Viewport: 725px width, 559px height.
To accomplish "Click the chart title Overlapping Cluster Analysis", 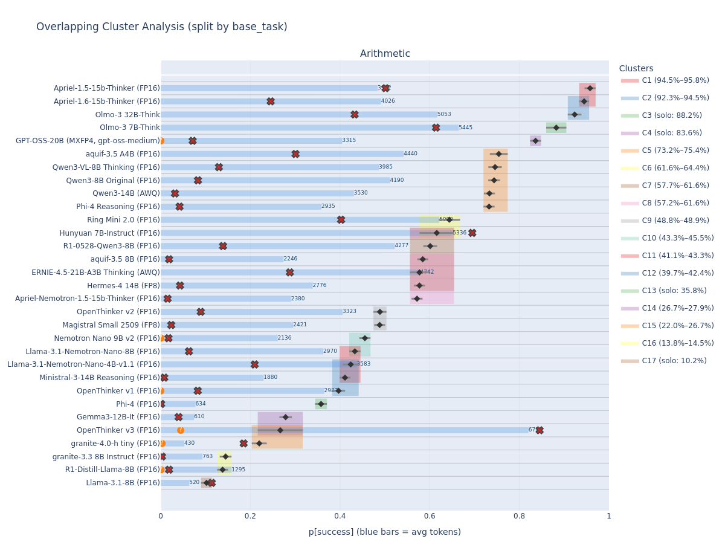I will (161, 27).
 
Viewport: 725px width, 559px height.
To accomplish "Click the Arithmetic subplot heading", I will (385, 54).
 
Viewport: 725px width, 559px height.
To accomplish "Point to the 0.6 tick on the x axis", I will (430, 516).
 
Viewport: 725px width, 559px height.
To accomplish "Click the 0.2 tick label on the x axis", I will (250, 516).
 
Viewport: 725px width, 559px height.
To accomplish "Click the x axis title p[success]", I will (384, 532).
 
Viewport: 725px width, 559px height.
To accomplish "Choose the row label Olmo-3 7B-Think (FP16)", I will (129, 128).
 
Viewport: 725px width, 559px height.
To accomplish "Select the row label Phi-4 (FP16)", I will (138, 404).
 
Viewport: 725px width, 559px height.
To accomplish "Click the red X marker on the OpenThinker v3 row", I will (540, 430).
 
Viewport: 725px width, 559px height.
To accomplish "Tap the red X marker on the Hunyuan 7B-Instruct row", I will (472, 233).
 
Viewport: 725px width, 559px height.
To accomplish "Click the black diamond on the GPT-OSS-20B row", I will (535, 141).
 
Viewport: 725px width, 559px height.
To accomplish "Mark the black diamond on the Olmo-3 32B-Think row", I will (575, 114).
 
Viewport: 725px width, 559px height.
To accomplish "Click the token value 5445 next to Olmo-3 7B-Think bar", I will (465, 128).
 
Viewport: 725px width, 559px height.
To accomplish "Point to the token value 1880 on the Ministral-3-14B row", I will (270, 377).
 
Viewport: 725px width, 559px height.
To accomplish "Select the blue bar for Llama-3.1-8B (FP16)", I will (175, 483).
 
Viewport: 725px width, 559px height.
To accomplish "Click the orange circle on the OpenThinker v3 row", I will (181, 430).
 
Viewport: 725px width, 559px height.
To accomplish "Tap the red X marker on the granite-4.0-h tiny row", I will (243, 443).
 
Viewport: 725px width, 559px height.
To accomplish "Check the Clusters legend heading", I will (636, 69).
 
